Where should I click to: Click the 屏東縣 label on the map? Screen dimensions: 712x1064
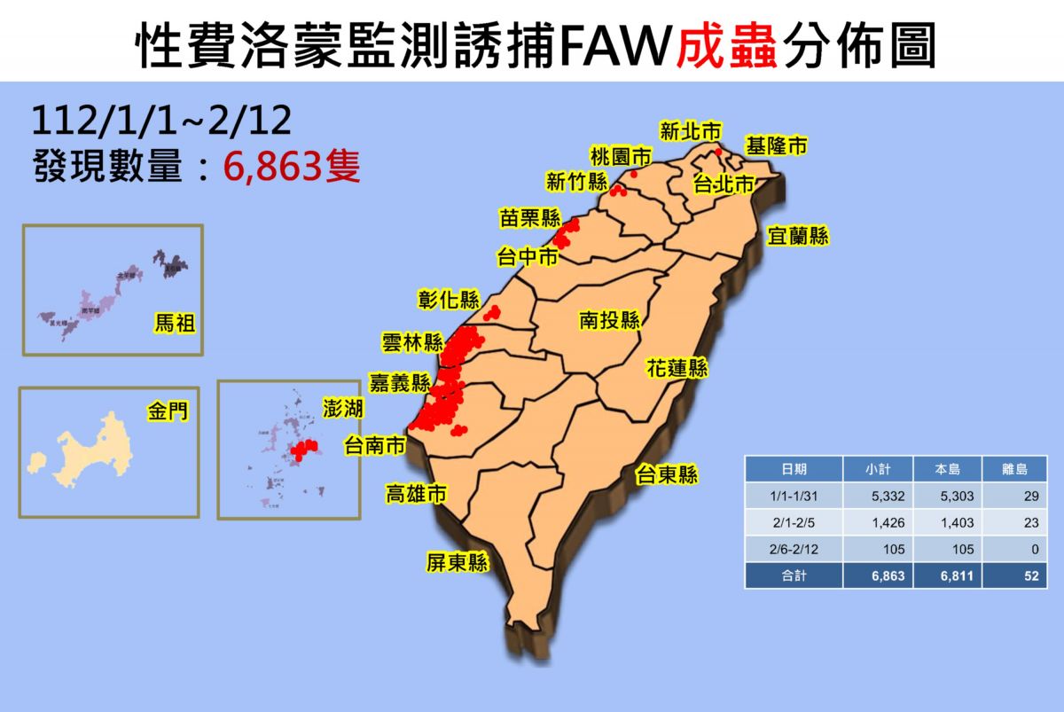[x=458, y=563]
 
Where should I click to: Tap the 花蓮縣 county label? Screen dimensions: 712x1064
[x=677, y=368]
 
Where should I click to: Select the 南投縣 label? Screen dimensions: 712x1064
[x=610, y=320]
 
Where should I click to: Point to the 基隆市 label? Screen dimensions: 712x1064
[x=777, y=146]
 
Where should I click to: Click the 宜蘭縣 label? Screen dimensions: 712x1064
[x=798, y=236]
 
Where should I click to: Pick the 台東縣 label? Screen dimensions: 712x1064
[x=667, y=476]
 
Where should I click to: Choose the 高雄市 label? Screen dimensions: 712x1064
[x=415, y=494]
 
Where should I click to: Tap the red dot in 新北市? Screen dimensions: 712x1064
[x=717, y=152]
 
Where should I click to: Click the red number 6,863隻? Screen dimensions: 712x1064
[x=292, y=166]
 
